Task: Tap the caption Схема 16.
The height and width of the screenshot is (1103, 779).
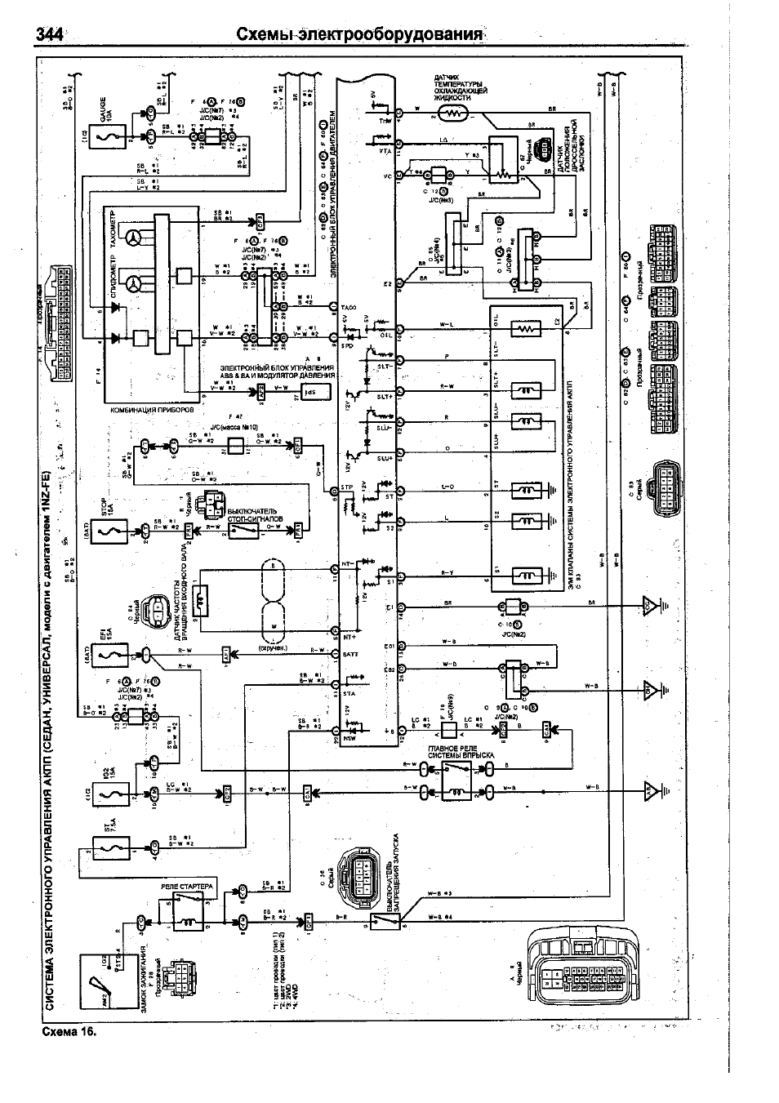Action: (x=69, y=1031)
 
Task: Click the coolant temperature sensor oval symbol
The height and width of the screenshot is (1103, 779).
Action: (x=452, y=113)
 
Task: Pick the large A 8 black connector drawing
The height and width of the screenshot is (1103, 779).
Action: (x=585, y=967)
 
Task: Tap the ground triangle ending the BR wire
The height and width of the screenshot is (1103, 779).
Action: (x=649, y=605)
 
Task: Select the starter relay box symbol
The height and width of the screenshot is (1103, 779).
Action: (x=188, y=913)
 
